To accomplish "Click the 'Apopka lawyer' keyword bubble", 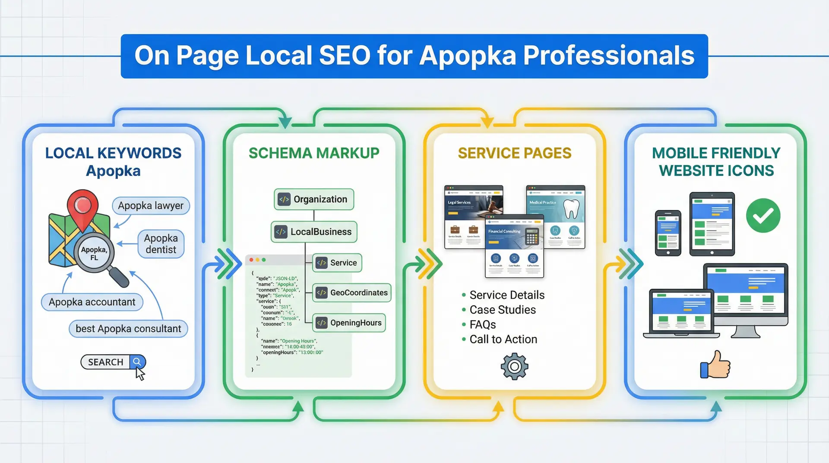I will tap(151, 206).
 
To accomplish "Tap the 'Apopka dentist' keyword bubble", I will tap(161, 244).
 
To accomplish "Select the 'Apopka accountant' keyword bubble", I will tap(92, 302).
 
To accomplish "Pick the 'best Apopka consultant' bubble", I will tap(128, 329).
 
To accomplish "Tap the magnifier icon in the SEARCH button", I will tap(137, 362).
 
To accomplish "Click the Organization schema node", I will tap(314, 199).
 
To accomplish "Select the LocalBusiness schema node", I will tap(314, 232).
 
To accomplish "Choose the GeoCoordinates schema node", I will tap(351, 293).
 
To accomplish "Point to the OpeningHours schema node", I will tap(349, 323).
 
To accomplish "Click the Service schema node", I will tap(337, 263).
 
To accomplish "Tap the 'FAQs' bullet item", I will tap(482, 324).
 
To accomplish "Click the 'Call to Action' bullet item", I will tap(503, 339).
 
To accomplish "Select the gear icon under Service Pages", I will tap(514, 367).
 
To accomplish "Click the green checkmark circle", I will tap(763, 216).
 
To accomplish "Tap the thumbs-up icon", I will tap(715, 365).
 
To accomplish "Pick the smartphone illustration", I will tap(668, 233).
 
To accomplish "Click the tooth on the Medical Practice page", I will tap(571, 209).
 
